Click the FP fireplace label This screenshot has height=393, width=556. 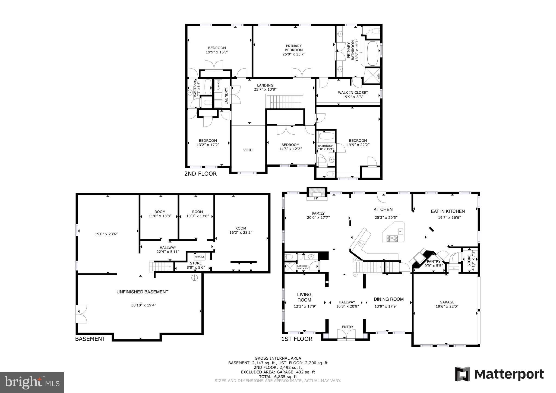[x=316, y=198]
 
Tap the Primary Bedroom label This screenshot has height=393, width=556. [x=294, y=48]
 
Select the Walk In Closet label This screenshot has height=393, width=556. [x=353, y=93]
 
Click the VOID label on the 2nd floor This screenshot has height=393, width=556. [x=248, y=150]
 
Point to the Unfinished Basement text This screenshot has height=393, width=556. [x=142, y=292]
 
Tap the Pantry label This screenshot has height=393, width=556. [x=434, y=262]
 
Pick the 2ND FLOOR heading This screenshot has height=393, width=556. [x=200, y=174]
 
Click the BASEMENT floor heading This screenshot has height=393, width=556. [x=90, y=339]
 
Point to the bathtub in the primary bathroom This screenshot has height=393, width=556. [x=372, y=53]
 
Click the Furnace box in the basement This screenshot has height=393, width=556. [x=199, y=257]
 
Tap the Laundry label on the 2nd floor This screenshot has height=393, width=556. [x=226, y=96]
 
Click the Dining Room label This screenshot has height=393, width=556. [x=388, y=299]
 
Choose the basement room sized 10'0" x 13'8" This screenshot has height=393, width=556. [x=197, y=214]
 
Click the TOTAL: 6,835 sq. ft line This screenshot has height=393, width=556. [x=278, y=377]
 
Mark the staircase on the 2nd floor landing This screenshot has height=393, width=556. [x=284, y=102]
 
